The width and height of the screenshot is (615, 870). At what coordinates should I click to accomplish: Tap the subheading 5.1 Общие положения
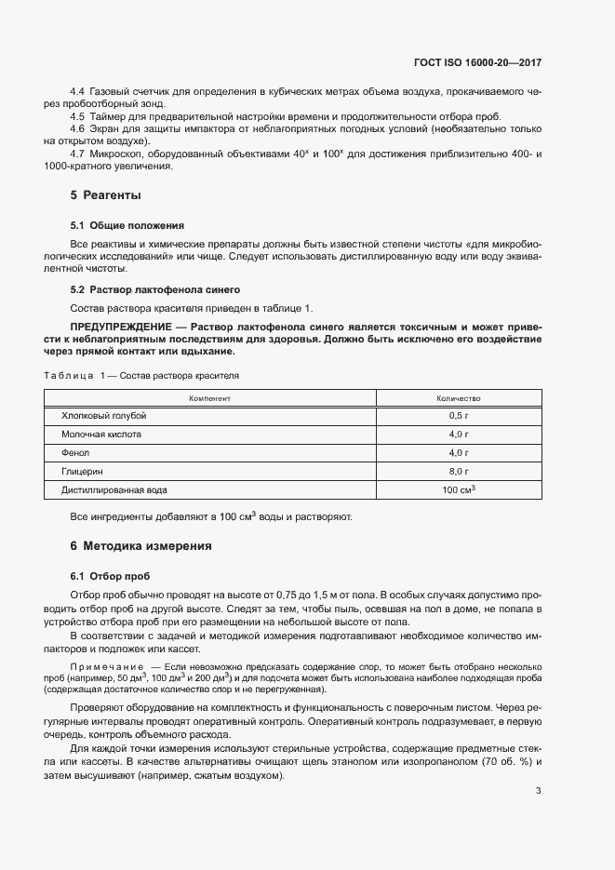point(127,225)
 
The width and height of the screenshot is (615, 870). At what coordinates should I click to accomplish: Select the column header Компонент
point(209,397)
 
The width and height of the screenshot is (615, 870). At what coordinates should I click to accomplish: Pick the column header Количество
point(458,397)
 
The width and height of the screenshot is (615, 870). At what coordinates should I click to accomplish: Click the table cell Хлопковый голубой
point(104,416)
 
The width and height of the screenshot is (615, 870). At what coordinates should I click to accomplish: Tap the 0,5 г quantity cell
point(458,416)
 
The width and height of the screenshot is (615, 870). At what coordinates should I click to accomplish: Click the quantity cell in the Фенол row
point(458,452)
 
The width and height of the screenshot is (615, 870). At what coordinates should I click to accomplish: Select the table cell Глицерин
point(82,471)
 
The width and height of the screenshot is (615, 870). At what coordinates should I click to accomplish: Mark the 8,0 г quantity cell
point(458,471)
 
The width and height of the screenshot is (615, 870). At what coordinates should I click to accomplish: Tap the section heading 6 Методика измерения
point(140,546)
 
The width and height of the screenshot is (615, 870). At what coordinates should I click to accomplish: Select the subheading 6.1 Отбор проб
point(110,576)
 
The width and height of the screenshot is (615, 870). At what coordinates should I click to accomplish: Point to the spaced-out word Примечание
point(108,667)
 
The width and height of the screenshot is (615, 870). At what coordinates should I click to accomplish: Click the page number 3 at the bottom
point(538,792)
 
